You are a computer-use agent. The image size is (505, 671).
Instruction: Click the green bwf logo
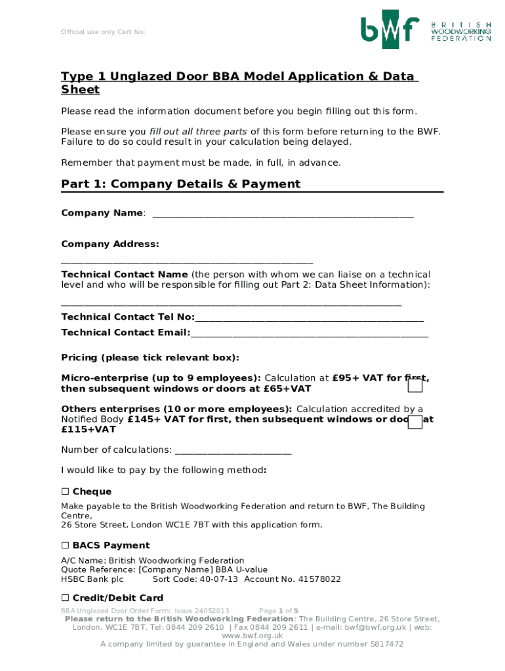coord(390,29)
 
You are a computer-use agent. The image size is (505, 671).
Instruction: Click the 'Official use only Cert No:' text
coord(103,32)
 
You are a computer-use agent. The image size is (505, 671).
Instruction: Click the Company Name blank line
coord(283,215)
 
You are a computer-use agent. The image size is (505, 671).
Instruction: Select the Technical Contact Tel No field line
coord(309,319)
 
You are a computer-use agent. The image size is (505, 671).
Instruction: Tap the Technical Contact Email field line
coord(309,335)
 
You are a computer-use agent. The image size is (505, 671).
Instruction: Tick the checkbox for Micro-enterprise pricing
coord(414,387)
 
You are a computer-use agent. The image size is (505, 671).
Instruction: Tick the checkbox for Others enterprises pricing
coord(414,422)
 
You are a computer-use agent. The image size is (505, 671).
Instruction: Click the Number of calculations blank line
coord(233,451)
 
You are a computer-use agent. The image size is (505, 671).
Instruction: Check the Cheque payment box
coord(65,491)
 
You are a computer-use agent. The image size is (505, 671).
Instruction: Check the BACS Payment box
coord(65,545)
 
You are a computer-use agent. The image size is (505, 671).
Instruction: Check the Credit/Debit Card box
coord(65,598)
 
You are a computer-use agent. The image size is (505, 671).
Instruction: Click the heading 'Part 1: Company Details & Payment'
coord(180,184)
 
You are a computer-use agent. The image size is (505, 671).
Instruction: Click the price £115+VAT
coord(89,430)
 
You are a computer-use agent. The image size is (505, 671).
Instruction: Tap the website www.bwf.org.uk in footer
coord(253,636)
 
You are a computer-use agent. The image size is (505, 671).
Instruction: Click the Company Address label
coord(110,244)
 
